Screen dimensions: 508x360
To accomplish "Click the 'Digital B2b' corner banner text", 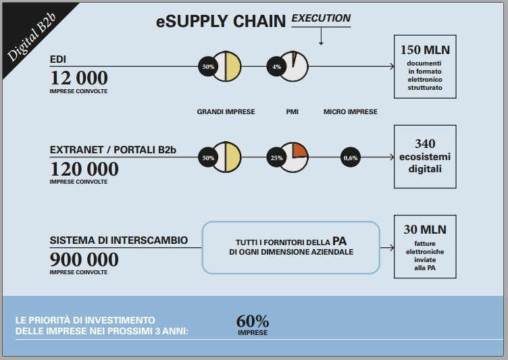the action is coord(32,37).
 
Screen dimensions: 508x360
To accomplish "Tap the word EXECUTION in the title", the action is coord(321,18).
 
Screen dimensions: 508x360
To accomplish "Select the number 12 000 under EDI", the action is coord(79,78).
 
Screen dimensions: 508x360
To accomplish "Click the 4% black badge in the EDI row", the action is coord(276,67).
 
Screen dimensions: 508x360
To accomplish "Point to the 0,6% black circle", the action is coord(351,157).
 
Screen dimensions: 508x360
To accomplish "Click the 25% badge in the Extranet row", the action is coord(276,158).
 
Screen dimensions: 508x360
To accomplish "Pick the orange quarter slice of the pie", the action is coord(299,150).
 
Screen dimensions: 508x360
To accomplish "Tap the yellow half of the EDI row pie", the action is coord(233,66).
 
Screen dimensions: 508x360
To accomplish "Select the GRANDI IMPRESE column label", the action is coord(226,112).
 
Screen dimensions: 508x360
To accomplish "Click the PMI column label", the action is coord(292,112).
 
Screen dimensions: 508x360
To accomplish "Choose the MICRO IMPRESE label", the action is coord(350,112).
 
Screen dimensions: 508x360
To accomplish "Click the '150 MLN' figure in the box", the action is coord(425,50).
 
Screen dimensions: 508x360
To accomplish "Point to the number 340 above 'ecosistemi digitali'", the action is coord(425,144).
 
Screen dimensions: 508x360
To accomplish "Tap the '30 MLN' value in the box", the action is coord(425,230).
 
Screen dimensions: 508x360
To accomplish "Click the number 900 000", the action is coord(84,259).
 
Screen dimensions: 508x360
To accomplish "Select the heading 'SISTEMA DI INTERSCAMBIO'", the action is coord(119,240).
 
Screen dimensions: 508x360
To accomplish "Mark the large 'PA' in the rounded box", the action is coord(339,241).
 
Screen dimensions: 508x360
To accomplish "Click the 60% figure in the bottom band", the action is coord(253,321).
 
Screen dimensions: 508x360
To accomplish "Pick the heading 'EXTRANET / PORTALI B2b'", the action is coord(113,150).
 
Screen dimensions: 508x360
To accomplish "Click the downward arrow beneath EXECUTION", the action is coord(321,36).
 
